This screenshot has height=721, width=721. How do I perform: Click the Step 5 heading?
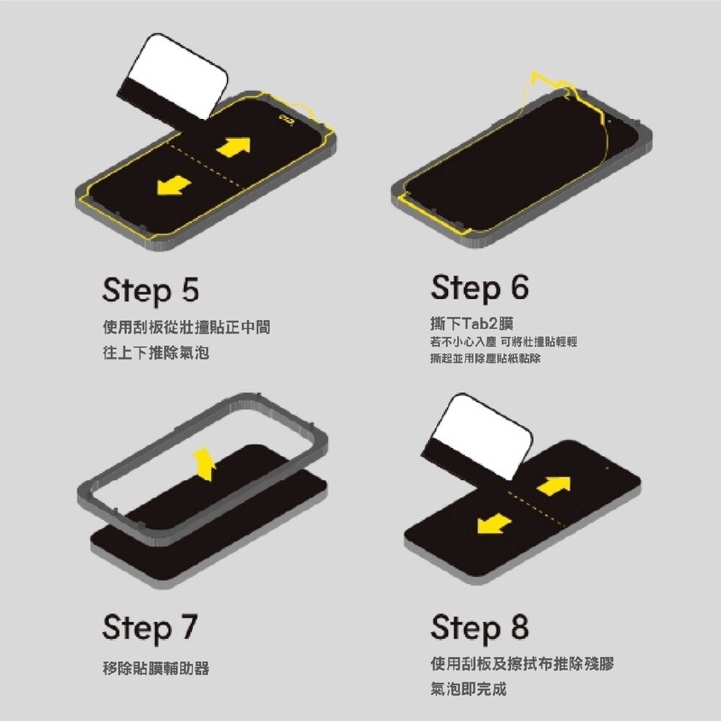(151, 290)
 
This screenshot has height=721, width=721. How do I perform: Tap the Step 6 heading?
(479, 288)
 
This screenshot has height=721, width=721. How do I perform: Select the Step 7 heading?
(150, 628)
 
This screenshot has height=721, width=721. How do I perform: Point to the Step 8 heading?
(479, 627)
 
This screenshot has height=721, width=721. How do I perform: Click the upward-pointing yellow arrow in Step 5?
(234, 147)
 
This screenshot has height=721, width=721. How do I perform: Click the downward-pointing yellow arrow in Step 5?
(173, 185)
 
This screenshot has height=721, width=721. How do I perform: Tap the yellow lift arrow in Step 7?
(205, 464)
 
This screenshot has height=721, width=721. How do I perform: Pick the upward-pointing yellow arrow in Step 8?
(553, 486)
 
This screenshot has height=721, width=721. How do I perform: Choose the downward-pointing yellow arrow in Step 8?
(494, 524)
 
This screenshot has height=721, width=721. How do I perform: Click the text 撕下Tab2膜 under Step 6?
(471, 324)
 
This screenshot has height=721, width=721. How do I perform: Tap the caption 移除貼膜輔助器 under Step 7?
(156, 668)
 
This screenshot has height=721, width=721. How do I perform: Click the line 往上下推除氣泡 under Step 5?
(156, 352)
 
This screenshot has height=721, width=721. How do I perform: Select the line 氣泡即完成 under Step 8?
(468, 689)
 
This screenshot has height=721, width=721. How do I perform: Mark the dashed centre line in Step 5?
(204, 164)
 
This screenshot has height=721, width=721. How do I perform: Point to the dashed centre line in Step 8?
(535, 508)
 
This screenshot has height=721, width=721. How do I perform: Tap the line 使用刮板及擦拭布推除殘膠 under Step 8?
(523, 663)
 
